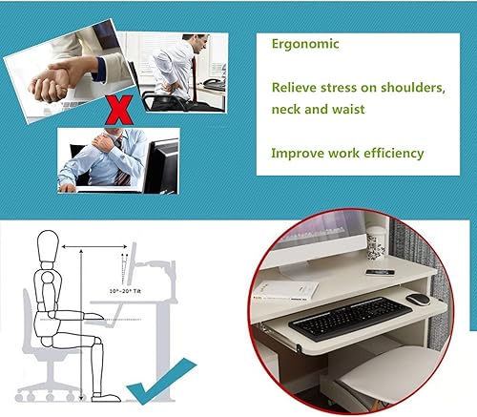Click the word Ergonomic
[x=305, y=44]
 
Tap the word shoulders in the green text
[x=413, y=87]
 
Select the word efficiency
[x=394, y=154]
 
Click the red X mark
[x=119, y=110]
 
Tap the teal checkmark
[x=162, y=381]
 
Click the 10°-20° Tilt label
[x=125, y=291]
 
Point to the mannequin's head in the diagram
[x=48, y=246]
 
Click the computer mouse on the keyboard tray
[x=419, y=300]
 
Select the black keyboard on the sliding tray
[x=350, y=319]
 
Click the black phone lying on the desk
[x=381, y=272]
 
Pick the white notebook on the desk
[x=286, y=290]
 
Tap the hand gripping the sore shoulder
[x=103, y=141]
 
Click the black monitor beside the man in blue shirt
[x=161, y=166]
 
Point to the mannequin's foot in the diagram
[x=106, y=397]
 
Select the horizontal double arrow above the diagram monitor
[x=94, y=246]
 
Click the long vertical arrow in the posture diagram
[x=82, y=324]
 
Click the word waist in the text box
[x=348, y=110]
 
